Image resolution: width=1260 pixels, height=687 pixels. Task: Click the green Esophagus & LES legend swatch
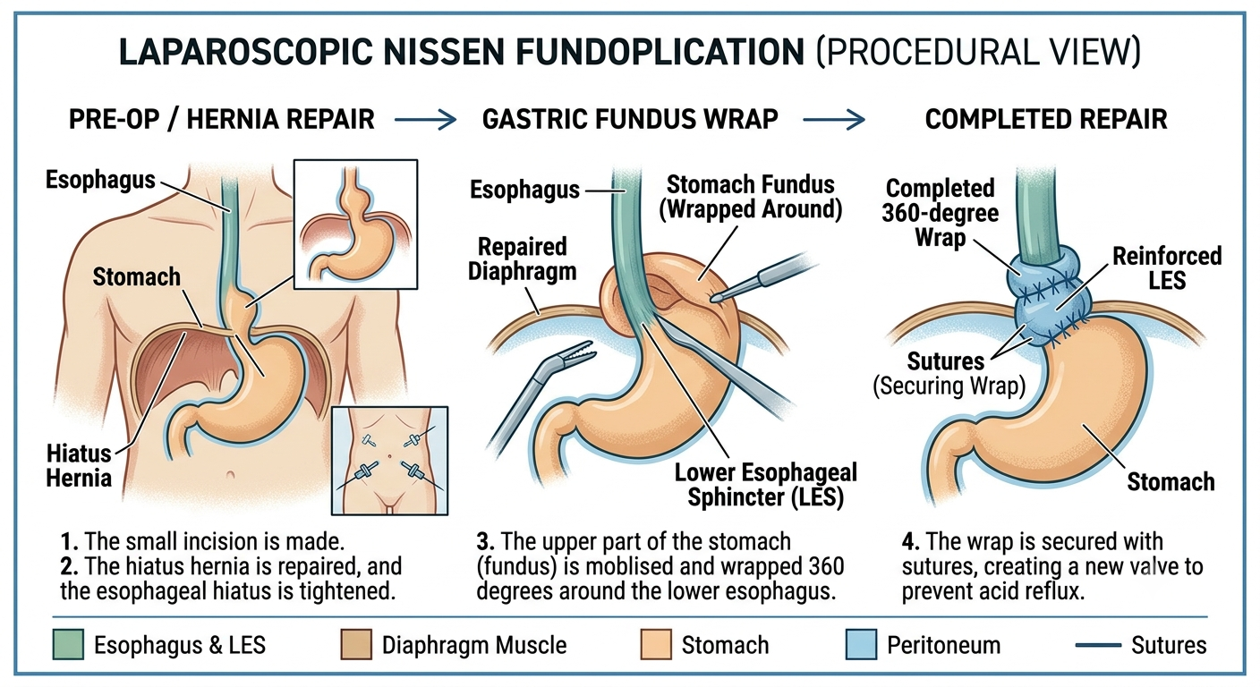[68, 644]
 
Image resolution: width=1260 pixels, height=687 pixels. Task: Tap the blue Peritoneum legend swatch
[861, 644]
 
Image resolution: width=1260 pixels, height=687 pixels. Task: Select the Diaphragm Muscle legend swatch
[356, 644]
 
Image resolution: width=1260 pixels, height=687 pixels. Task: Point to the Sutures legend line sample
[1098, 645]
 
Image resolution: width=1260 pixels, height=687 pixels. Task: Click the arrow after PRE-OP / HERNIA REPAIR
[425, 120]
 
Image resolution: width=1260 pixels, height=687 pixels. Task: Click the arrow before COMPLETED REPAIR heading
[834, 120]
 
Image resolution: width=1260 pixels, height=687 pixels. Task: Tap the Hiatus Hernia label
[79, 465]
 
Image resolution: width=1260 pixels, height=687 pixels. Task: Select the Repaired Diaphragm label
[522, 259]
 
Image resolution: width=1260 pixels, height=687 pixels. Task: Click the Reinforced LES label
[1167, 268]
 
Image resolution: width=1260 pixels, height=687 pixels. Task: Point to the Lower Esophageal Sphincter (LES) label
[765, 485]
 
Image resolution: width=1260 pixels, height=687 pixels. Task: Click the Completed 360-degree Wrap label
[940, 213]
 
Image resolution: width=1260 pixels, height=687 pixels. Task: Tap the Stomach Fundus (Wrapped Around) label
[751, 198]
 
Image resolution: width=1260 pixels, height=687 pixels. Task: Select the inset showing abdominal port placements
[390, 461]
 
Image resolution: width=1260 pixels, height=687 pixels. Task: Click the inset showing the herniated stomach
[355, 225]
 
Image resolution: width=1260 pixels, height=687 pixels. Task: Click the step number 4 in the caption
[910, 541]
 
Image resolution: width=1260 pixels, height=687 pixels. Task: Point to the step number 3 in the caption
[485, 541]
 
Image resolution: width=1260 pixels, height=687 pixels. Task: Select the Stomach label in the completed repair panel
[1171, 482]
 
